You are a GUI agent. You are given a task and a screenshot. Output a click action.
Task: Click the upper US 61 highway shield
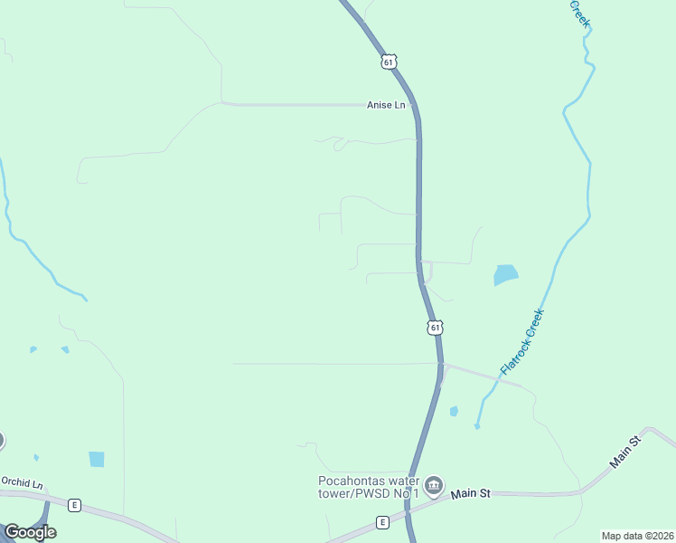pos(388,61)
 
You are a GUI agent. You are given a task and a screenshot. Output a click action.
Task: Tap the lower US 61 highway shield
pos(436,327)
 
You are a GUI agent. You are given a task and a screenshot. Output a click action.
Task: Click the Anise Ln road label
pos(386,105)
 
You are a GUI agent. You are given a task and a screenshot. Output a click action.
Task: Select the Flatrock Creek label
pos(522,343)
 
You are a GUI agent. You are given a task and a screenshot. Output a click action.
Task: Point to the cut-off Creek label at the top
pos(579,13)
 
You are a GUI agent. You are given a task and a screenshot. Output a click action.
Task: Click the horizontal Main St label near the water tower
pos(470,493)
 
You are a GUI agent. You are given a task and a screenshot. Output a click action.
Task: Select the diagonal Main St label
pos(624,452)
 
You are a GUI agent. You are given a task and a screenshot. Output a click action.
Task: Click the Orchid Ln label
pos(22,483)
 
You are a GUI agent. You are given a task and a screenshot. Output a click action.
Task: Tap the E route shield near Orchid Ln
pos(74,504)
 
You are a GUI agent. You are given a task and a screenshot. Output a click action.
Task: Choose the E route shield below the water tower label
pos(382,522)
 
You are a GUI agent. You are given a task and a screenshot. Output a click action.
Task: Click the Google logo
pos(30,532)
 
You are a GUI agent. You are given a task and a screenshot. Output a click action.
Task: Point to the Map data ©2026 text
pos(637,536)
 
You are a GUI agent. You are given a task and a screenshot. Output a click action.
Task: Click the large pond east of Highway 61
pos(506,274)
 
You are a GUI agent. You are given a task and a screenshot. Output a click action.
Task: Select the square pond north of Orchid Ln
pos(97,459)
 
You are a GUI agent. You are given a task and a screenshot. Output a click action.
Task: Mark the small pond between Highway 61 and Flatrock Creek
pos(454,411)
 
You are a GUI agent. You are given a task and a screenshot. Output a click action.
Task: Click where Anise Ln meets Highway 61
pos(415,105)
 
